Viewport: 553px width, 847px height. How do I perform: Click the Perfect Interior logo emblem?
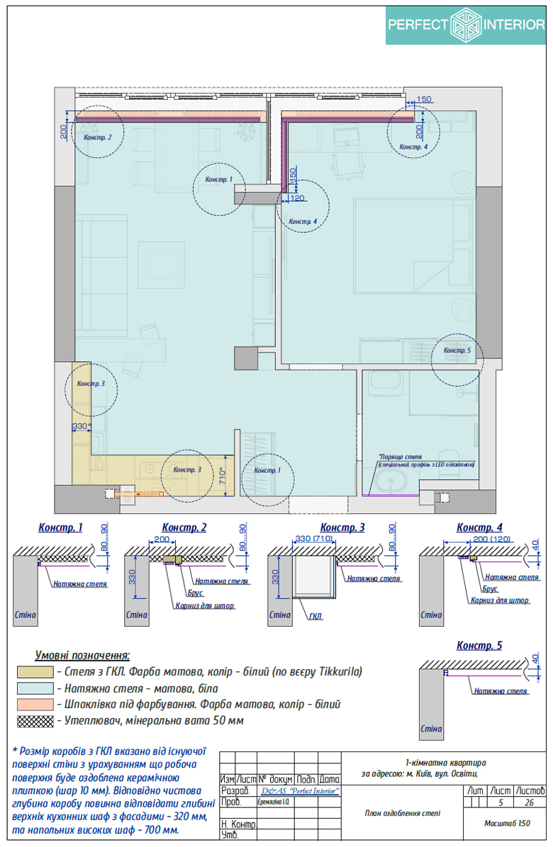point(466,25)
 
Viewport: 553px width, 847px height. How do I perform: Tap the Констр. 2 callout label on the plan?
point(96,137)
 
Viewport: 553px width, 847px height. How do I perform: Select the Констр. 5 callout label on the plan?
point(457,351)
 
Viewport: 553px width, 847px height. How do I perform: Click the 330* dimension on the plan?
point(82,426)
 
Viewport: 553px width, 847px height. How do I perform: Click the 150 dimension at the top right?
point(424,99)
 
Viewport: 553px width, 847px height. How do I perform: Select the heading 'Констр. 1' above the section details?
point(60,528)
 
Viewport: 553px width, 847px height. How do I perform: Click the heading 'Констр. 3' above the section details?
point(342,528)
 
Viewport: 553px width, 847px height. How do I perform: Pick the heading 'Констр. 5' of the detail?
point(479,645)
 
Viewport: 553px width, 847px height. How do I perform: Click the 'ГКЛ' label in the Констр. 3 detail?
point(315,618)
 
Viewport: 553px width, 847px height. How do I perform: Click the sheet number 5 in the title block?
point(501,803)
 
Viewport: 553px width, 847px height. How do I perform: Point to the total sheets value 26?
point(530,803)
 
